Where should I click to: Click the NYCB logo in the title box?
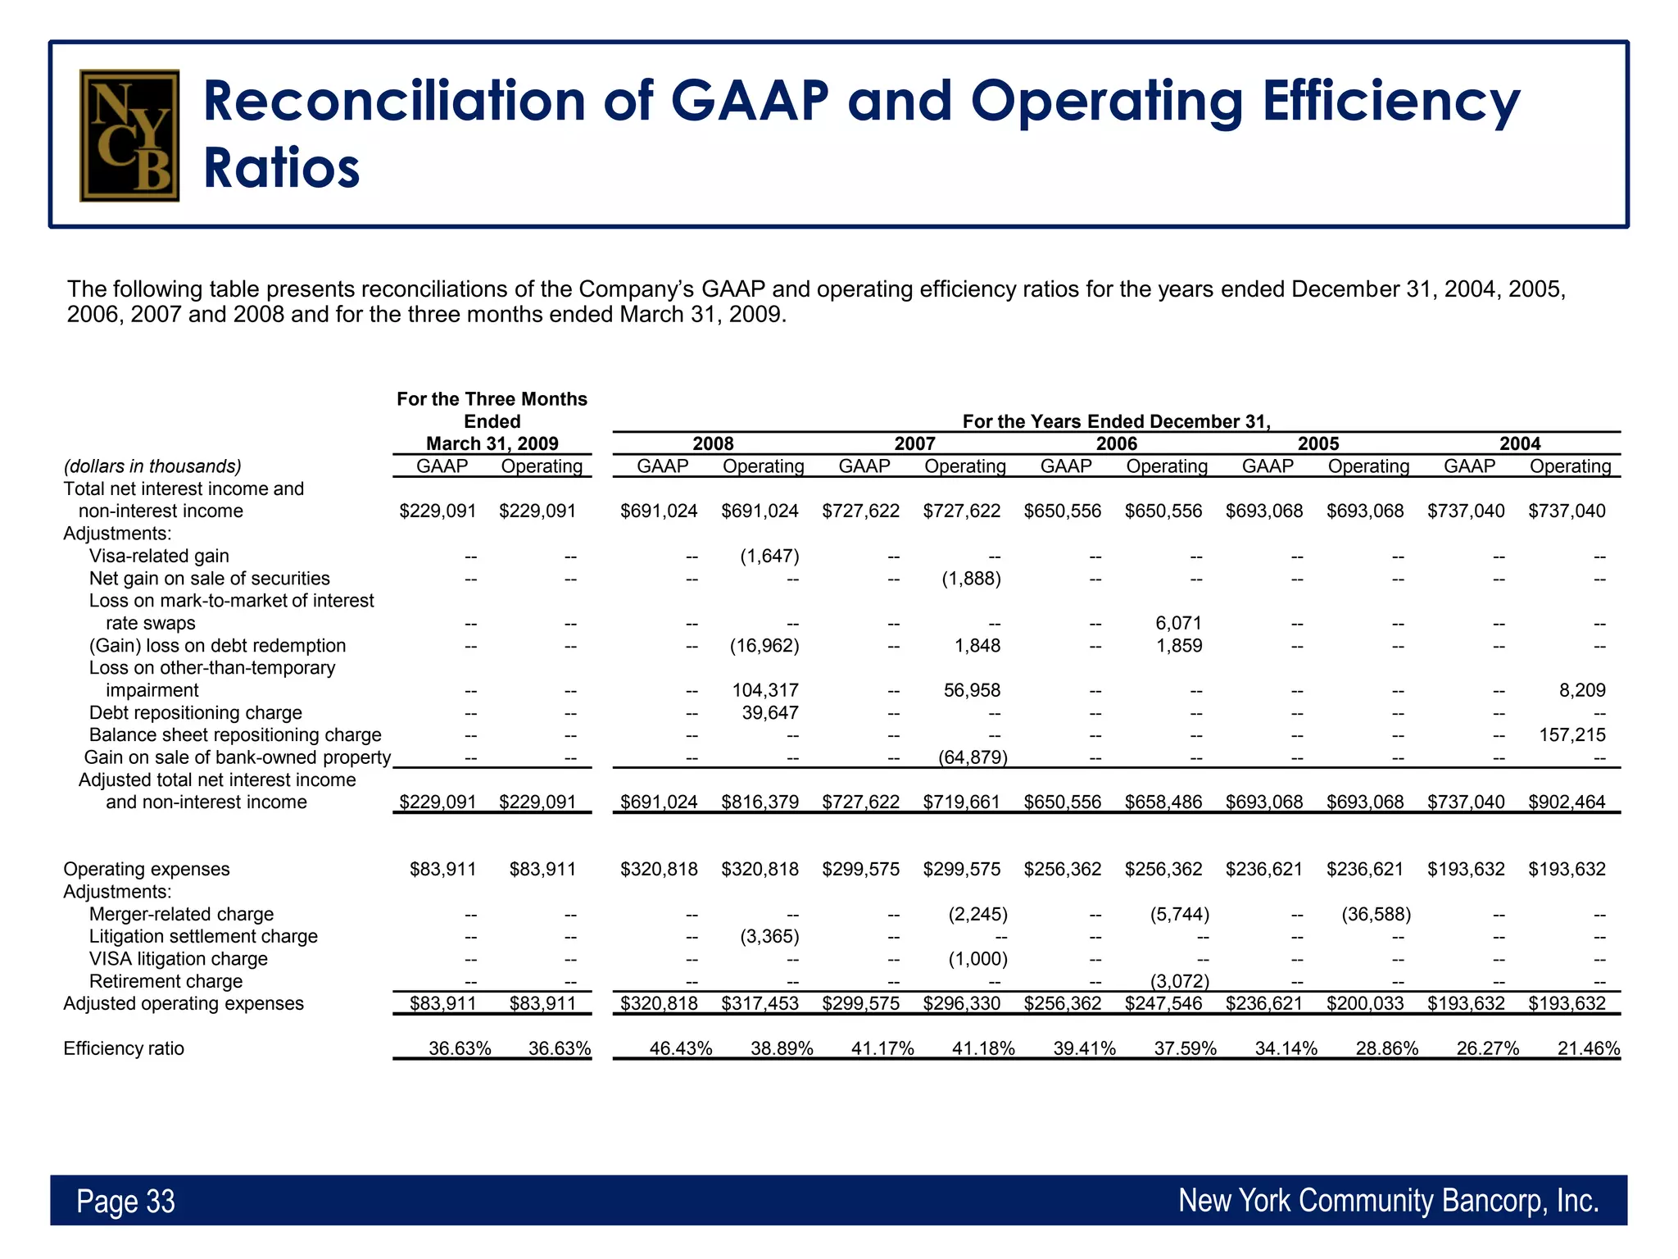(129, 135)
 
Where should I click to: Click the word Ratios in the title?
(281, 169)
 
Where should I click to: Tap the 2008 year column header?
(713, 443)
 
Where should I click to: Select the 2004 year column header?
(1520, 443)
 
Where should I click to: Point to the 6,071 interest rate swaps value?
(1178, 623)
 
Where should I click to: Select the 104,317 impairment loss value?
(765, 690)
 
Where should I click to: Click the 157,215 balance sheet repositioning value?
(1571, 734)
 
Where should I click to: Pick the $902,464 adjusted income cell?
(1567, 802)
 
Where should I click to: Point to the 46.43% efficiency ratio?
(680, 1048)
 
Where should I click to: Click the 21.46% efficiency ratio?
(1588, 1048)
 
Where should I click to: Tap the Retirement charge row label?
(166, 981)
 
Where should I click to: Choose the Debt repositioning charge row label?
(195, 712)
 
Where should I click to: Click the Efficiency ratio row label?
(124, 1048)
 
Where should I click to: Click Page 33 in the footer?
(125, 1201)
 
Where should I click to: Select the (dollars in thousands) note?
(152, 466)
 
